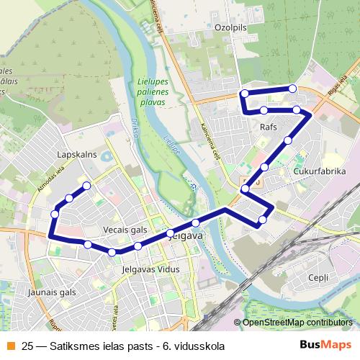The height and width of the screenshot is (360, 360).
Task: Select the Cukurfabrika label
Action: [320, 171]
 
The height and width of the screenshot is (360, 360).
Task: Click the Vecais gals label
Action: [125, 230]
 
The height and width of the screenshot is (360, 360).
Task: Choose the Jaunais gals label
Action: [52, 292]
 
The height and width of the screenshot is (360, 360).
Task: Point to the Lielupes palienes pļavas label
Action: [151, 92]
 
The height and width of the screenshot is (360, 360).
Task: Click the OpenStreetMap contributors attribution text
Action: [297, 323]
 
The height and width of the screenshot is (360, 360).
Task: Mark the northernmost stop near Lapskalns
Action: [87, 186]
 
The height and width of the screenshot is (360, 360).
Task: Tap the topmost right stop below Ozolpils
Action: [292, 89]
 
